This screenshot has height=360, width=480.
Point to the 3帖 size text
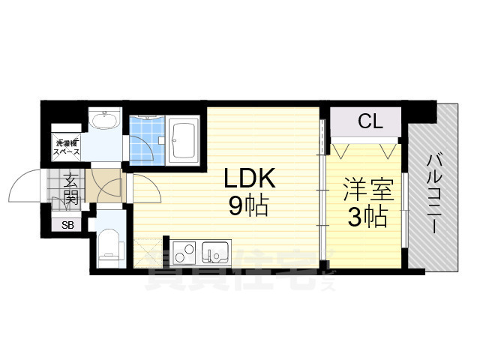(x=366, y=217)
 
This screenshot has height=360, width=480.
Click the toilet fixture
(x=109, y=248)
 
